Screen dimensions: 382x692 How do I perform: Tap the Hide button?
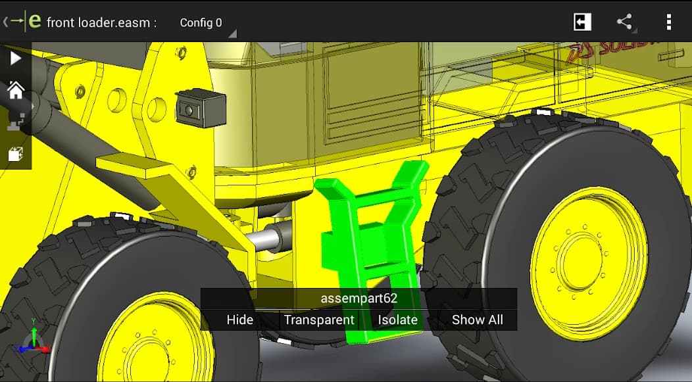(239, 320)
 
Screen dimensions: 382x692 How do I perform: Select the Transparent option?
(319, 320)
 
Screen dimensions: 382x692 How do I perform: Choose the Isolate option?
(397, 320)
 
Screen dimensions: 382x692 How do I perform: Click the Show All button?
(477, 320)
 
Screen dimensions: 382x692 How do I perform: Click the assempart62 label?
(358, 298)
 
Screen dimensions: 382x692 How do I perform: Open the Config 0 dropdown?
(201, 22)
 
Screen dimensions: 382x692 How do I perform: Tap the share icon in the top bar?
(624, 22)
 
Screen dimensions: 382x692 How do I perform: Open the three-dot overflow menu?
(669, 22)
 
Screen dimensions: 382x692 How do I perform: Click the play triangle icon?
(15, 58)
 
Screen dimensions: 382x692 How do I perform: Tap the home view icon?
(15, 90)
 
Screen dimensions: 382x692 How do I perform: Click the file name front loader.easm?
(101, 22)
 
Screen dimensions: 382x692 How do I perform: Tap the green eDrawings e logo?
(35, 21)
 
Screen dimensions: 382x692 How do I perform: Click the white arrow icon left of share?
(582, 22)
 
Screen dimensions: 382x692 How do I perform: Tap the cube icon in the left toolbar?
(15, 155)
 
